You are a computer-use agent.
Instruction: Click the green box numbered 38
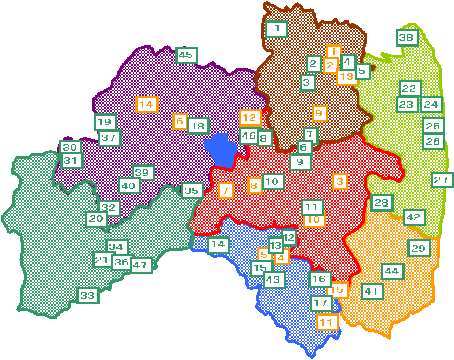(406, 37)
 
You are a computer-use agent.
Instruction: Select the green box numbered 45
(186, 55)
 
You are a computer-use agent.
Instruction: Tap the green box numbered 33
(87, 295)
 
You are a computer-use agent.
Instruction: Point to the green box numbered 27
(441, 180)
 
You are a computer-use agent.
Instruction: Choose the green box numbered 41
(372, 292)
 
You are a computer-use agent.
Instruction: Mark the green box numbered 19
(105, 121)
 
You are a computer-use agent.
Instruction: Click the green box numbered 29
(418, 249)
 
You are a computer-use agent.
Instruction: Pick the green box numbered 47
(140, 265)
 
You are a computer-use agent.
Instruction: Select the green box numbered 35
(191, 191)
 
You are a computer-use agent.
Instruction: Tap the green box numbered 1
(276, 29)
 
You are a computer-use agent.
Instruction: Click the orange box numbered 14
(146, 104)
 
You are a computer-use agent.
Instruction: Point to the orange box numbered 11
(327, 321)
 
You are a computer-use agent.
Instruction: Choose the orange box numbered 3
(340, 180)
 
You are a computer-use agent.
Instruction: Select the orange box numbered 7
(226, 191)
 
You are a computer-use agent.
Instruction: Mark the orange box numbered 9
(318, 113)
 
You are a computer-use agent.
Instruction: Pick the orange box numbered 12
(250, 116)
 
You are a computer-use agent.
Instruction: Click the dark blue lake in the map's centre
(221, 151)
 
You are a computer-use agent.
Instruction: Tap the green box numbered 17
(321, 302)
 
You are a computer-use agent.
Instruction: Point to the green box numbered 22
(409, 88)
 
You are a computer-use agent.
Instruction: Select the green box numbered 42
(413, 217)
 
